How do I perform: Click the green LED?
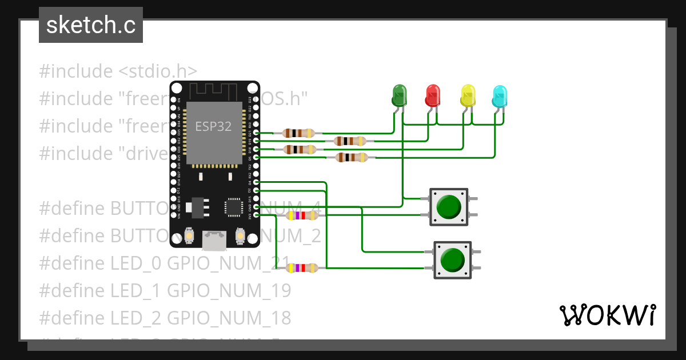(399, 95)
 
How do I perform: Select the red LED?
(433, 95)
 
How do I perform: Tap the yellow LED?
(468, 95)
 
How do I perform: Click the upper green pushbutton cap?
(449, 206)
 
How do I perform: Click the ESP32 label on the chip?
(213, 126)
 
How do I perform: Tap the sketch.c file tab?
(91, 25)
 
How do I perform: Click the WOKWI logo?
(608, 314)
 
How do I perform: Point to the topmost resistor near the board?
(298, 133)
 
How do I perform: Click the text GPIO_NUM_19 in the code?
(229, 290)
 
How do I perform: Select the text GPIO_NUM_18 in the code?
(229, 317)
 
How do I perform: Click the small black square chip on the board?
(233, 206)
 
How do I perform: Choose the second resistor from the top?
(349, 141)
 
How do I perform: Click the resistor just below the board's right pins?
(301, 215)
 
